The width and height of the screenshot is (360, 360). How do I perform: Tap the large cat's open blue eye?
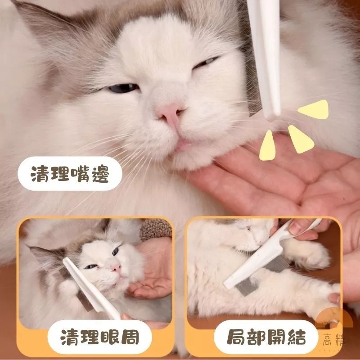click(122, 88)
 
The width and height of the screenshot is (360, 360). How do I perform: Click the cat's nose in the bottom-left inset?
click(117, 267)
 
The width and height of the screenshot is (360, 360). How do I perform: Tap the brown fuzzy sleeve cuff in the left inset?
click(156, 230)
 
